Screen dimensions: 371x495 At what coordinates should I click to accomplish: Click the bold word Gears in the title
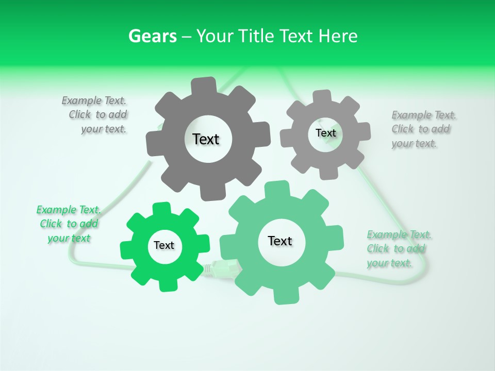[153, 36]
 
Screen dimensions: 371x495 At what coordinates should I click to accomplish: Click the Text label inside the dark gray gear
[206, 139]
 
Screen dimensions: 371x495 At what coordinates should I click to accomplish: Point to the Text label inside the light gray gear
[325, 133]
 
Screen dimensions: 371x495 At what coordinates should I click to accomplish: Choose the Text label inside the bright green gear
[164, 245]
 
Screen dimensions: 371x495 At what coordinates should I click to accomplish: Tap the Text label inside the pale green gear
[280, 241]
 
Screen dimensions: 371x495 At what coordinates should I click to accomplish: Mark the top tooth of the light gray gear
[322, 96]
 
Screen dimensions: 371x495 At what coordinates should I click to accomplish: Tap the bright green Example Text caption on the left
[69, 224]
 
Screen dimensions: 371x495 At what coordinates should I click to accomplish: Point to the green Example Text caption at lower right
[398, 249]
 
